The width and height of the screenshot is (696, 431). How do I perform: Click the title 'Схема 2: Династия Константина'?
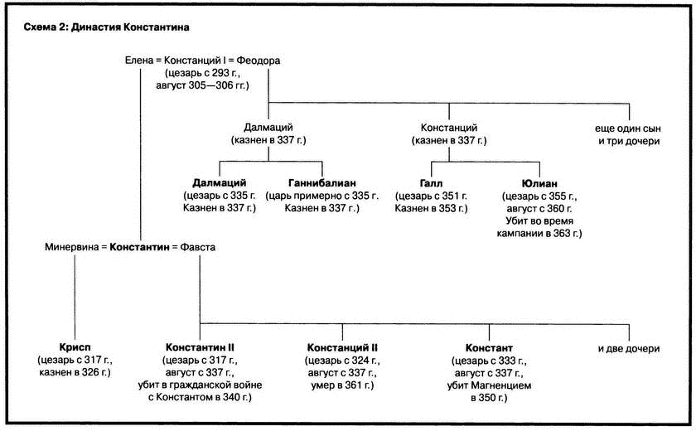pos(106,27)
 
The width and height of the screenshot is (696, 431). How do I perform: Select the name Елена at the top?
pos(139,61)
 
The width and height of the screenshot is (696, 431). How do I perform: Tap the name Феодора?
pos(258,61)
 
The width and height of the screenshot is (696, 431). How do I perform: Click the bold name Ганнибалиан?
pos(321,183)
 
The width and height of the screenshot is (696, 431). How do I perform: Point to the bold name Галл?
pos(431,183)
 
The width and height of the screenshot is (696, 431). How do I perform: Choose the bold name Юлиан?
pos(539,183)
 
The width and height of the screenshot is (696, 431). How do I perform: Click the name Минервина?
pos(71,247)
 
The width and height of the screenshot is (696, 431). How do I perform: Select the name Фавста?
pos(197,247)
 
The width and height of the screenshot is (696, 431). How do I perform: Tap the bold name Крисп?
pos(75,347)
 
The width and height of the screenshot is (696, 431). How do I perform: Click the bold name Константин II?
pos(200,347)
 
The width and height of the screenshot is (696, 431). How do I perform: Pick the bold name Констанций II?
pos(342,347)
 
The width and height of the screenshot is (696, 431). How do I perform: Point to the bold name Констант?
pos(489,348)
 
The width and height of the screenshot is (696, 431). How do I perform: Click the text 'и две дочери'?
pos(629,349)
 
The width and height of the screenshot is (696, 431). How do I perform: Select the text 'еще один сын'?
pos(628,128)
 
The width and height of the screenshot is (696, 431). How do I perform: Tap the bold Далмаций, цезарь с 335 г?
pos(220,183)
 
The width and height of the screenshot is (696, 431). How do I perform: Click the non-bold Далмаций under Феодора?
pos(268,128)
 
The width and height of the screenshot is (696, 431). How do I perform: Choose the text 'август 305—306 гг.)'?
pos(202,85)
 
